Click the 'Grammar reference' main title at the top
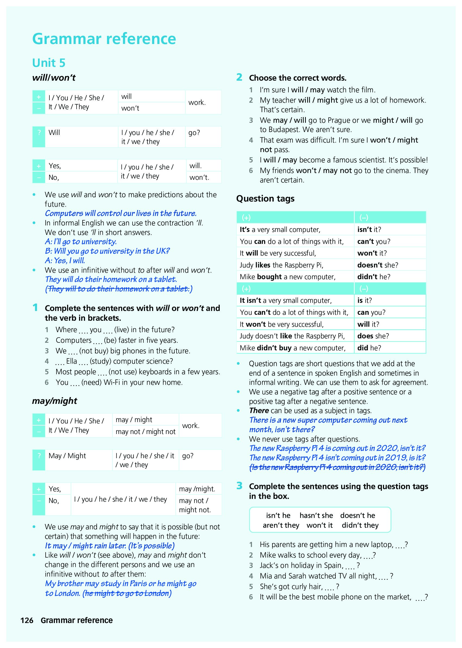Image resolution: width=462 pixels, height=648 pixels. coord(104,39)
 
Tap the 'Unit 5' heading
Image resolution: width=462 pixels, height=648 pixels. coord(49,63)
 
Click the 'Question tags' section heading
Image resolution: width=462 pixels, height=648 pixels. coord(265,199)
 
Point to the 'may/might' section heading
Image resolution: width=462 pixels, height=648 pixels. coord(54,401)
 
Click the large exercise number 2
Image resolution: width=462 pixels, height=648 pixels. coord(239,77)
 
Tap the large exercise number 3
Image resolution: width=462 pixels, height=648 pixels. coord(239,486)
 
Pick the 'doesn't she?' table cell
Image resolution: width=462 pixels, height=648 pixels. coord(378,265)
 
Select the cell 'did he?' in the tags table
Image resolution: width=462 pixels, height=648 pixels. coord(369,348)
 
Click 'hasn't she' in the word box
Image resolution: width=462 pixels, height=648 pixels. coord(316,515)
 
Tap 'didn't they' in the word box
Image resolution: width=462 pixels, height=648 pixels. coord(360,525)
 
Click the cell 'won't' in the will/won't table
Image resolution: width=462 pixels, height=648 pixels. coord(130,108)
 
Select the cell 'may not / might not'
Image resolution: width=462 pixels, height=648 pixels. coord(145,432)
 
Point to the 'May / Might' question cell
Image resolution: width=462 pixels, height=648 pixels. coord(67,456)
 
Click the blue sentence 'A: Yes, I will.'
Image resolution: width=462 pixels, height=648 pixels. coord(65,260)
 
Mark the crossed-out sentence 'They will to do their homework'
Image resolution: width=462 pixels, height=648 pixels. coord(119,289)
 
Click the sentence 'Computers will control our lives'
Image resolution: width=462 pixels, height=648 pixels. coord(121,213)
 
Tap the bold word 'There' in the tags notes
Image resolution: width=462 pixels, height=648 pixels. coord(259,410)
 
